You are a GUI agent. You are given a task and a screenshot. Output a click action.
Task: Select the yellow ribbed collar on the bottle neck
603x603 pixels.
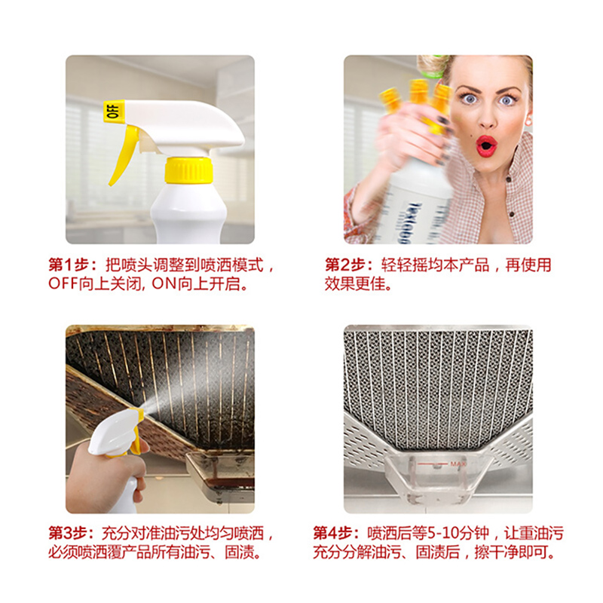[x=188, y=170]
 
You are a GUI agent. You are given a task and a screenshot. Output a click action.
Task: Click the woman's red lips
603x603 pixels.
[x=486, y=146]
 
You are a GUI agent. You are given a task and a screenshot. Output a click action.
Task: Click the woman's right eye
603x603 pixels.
[x=470, y=99]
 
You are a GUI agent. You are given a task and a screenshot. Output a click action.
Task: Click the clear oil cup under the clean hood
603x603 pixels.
[x=439, y=477]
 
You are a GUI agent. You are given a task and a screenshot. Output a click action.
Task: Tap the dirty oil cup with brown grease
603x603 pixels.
[x=220, y=477]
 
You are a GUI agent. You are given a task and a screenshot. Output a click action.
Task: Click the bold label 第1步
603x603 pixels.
[x=73, y=265]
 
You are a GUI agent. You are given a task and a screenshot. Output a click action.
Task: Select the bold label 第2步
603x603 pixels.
[x=350, y=265]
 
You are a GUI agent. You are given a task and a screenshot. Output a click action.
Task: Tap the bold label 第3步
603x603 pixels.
[x=72, y=534]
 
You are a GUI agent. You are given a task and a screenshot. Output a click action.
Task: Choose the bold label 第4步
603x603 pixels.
[x=336, y=534]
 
